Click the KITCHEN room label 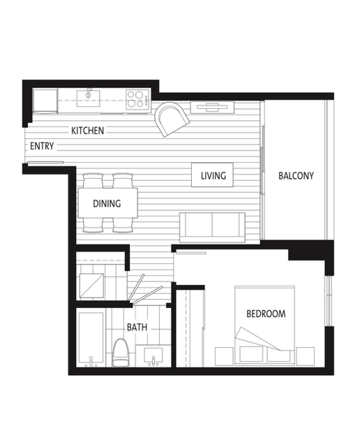pyautogui.click(x=87, y=131)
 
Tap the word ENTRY pyautogui.click(x=43, y=146)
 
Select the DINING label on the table pyautogui.click(x=107, y=204)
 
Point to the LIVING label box pyautogui.click(x=213, y=175)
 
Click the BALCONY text pyautogui.click(x=296, y=175)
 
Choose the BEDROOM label pyautogui.click(x=265, y=314)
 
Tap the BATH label pyautogui.click(x=136, y=327)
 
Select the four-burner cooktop pyautogui.click(x=135, y=98)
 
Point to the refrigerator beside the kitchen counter pyautogui.click(x=45, y=101)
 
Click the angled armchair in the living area pyautogui.click(x=172, y=118)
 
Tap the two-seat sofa pyautogui.click(x=212, y=226)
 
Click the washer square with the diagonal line pyautogui.click(x=92, y=285)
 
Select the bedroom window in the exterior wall pyautogui.click(x=328, y=307)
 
